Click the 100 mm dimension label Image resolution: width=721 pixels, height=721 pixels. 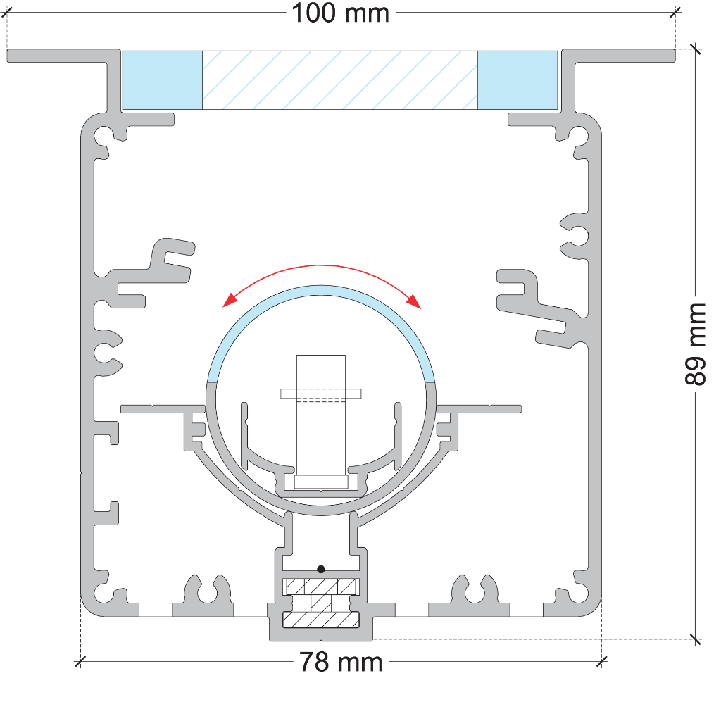(341, 13)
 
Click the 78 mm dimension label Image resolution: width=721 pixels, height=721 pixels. (341, 662)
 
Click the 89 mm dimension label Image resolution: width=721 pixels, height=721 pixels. (695, 344)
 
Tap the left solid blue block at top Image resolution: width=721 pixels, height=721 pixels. (163, 80)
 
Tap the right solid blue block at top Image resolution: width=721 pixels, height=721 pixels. (518, 80)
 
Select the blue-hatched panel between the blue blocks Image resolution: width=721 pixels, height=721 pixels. (340, 80)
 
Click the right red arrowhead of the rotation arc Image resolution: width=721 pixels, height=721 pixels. (414, 301)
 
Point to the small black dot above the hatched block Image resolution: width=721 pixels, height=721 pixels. (321, 569)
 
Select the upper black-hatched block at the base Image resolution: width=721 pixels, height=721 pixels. (321, 587)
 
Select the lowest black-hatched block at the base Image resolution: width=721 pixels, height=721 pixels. (321, 620)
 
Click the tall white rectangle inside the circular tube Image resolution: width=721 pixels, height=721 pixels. (321, 415)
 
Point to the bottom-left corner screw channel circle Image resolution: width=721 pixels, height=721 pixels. (103, 593)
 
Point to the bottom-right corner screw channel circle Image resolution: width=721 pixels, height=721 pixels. (580, 593)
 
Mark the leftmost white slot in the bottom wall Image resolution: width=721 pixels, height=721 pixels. (156, 610)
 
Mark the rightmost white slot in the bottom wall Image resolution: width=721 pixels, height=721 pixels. (527, 610)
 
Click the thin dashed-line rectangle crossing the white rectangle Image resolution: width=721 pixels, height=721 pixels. (321, 394)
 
